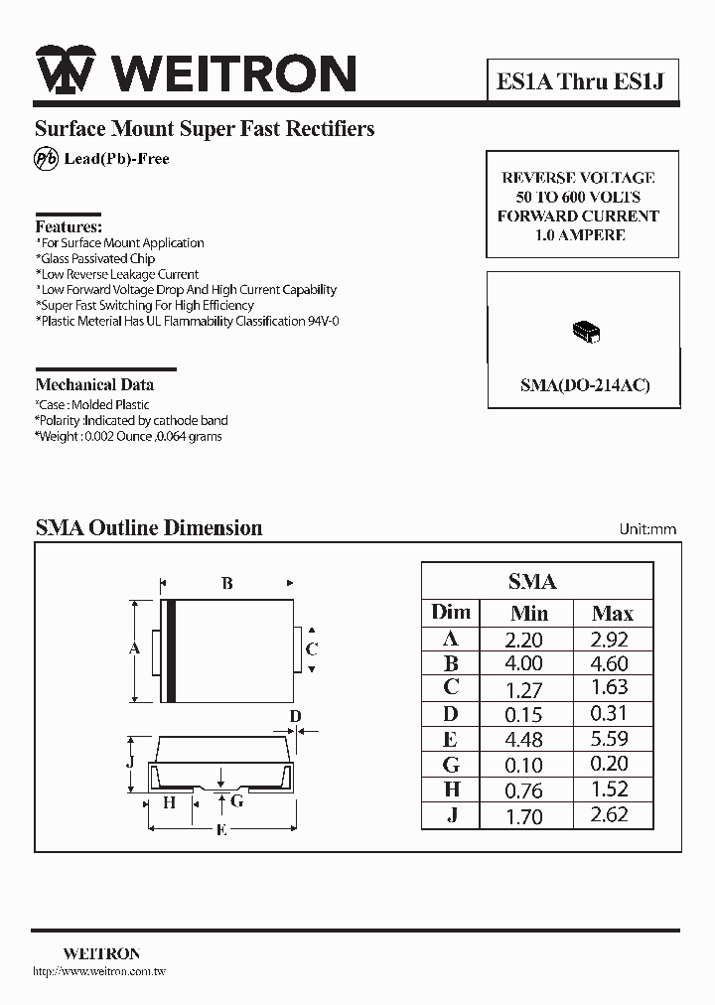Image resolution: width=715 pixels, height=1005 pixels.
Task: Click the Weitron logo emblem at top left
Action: [x=66, y=72]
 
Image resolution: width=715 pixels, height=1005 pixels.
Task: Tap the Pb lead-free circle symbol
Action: [x=47, y=159]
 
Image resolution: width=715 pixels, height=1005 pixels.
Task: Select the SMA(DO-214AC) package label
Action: [x=585, y=385]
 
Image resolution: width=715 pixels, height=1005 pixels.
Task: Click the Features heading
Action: [x=69, y=226]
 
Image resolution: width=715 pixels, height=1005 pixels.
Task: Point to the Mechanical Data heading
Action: [x=94, y=384]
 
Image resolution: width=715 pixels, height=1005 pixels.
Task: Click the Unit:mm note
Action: [x=647, y=529]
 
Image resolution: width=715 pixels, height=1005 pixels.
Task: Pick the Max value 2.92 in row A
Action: [x=609, y=640]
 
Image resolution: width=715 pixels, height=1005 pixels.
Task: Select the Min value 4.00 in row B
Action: [x=524, y=664]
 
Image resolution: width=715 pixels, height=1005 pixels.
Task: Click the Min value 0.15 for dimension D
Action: [x=524, y=714]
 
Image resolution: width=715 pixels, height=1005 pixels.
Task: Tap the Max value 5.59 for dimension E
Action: [x=609, y=739]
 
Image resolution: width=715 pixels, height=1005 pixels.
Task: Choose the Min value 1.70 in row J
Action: [x=524, y=817]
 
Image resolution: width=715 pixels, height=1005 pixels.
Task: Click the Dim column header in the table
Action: [x=451, y=613]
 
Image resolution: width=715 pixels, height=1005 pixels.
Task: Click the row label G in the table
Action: [x=451, y=765]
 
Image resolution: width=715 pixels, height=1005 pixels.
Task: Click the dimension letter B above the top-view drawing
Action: [x=227, y=584]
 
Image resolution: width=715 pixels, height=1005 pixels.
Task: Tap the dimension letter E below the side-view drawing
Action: [x=221, y=830]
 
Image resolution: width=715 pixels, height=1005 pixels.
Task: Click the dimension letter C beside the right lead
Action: [x=312, y=649]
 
